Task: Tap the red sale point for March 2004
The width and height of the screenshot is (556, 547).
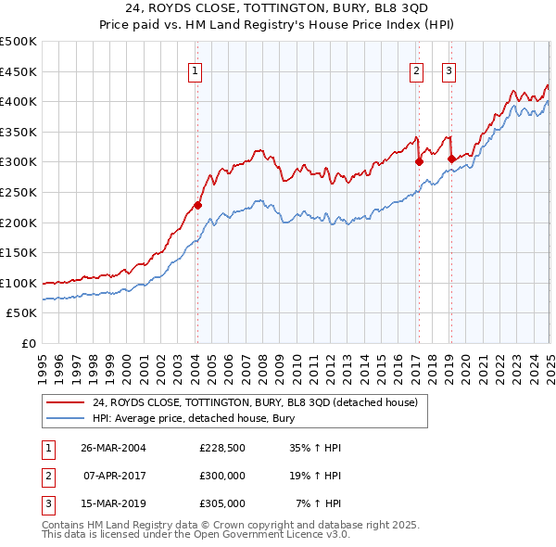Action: click(x=197, y=206)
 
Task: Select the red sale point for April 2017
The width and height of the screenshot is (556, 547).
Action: click(x=419, y=161)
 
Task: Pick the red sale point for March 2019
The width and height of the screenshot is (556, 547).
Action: click(x=451, y=159)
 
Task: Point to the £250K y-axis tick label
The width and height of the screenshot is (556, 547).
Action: click(x=19, y=192)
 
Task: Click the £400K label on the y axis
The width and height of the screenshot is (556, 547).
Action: click(x=19, y=101)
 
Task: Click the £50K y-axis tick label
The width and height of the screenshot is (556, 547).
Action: click(x=22, y=313)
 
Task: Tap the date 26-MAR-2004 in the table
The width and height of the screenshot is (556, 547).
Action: click(x=113, y=448)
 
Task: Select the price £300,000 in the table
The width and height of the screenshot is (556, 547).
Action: click(x=222, y=476)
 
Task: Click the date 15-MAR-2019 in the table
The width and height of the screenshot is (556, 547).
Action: click(x=113, y=503)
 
